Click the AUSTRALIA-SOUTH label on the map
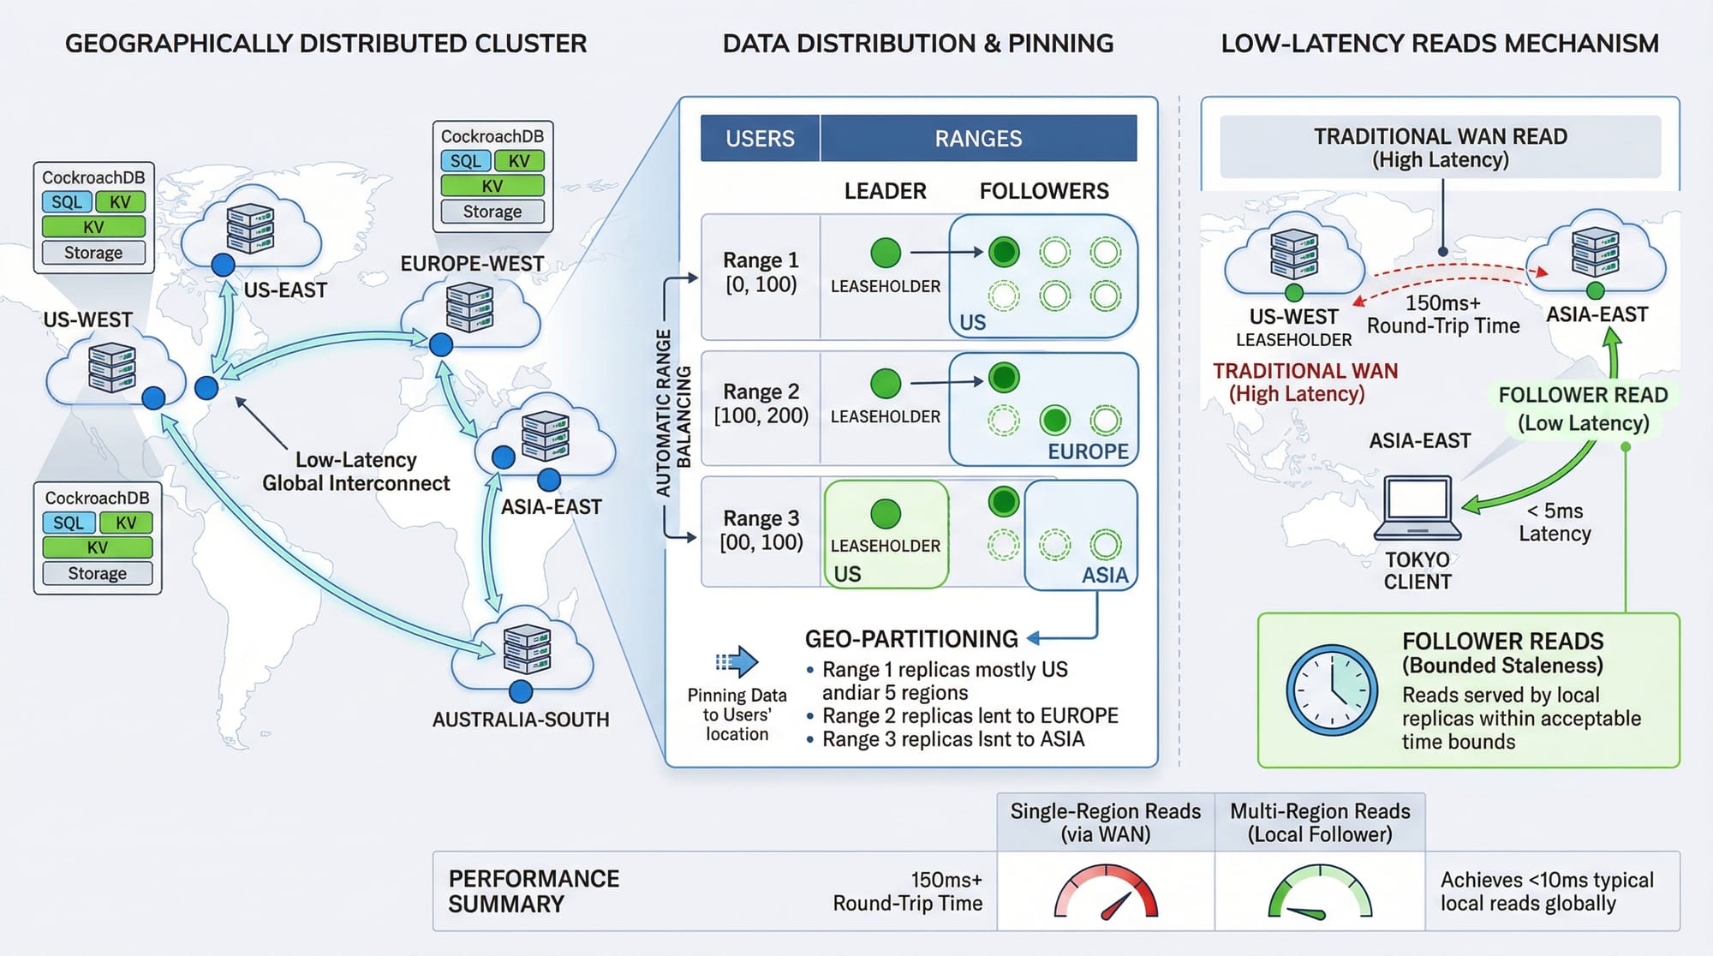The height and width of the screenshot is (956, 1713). [521, 720]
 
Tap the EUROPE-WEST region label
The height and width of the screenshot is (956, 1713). [472, 264]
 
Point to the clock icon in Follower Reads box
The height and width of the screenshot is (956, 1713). [1332, 690]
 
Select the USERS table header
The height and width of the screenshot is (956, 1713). [760, 139]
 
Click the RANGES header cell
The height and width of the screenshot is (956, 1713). [978, 139]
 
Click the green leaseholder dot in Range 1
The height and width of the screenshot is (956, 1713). [886, 253]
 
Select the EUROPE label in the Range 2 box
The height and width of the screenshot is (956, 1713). [1088, 451]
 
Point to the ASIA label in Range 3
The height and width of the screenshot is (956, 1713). [1105, 575]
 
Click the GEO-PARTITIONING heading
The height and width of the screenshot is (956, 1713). [911, 639]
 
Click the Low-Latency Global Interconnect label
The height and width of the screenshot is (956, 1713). [356, 472]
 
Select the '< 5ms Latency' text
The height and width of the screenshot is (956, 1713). [1555, 523]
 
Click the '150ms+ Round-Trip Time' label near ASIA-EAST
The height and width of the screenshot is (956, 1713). [1443, 314]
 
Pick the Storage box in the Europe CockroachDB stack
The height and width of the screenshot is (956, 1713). [492, 212]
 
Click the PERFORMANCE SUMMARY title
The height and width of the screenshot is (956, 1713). [534, 891]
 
